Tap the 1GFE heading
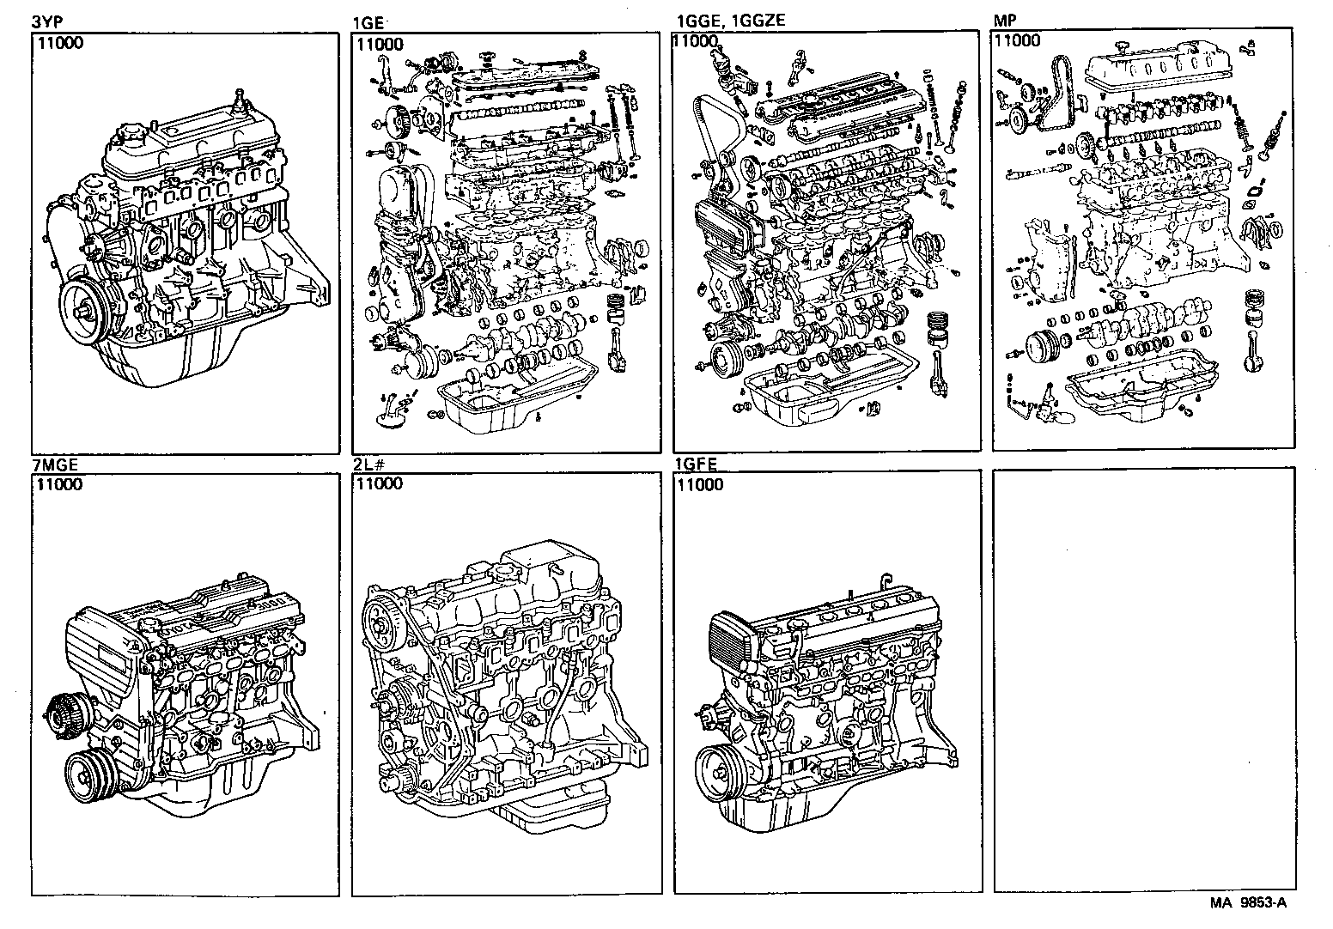(x=696, y=464)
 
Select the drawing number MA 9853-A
(x=1250, y=902)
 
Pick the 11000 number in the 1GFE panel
(x=700, y=485)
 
